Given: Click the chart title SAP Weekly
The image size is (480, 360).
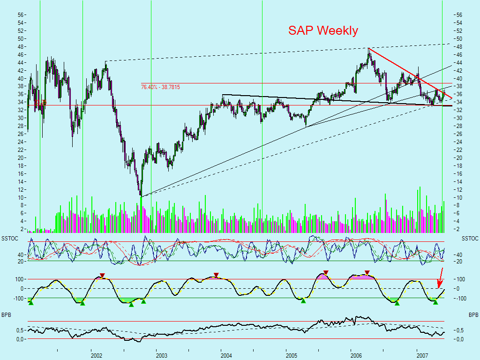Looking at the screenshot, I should click(x=323, y=31).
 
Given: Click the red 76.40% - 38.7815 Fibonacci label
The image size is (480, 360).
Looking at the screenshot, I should click(x=160, y=87).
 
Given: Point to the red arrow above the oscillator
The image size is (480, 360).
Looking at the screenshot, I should click(x=439, y=278).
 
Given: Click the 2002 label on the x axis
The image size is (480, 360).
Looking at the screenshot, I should click(x=97, y=356).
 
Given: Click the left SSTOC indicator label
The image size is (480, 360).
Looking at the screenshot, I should click(x=9, y=239).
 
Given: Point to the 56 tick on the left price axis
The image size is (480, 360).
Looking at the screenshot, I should click(x=21, y=15).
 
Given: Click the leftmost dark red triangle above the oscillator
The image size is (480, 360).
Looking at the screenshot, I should click(x=102, y=276).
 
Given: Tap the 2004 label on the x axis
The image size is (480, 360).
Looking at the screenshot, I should click(x=227, y=356).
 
